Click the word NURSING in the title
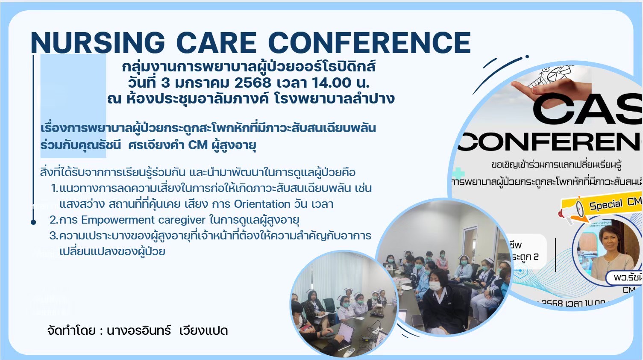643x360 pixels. click(x=98, y=43)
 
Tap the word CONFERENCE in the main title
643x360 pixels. click(x=369, y=43)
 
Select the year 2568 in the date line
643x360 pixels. click(x=253, y=83)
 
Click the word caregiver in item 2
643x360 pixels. click(x=182, y=220)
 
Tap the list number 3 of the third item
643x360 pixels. click(x=53, y=236)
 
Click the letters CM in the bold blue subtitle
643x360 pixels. click(x=198, y=145)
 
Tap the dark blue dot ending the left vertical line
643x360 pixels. click(x=33, y=222)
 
